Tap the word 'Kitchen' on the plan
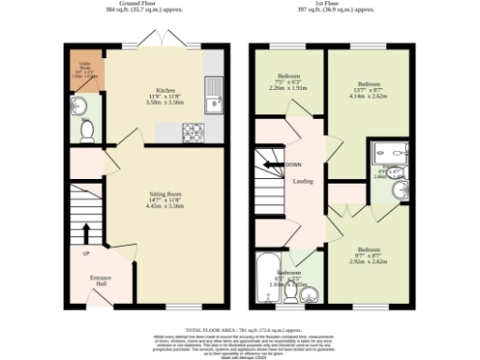click(x=166, y=91)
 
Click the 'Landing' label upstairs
click(x=303, y=181)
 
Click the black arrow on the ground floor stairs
click(x=85, y=232)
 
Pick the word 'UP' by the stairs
click(x=86, y=254)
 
